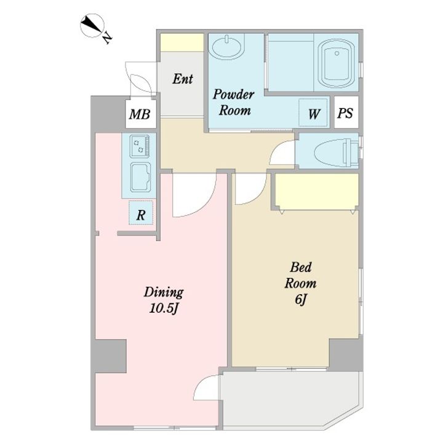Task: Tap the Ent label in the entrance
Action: point(183,79)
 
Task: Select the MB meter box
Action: point(140,114)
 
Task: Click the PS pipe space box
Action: point(346,112)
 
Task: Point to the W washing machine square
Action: point(313,113)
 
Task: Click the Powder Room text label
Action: point(234,102)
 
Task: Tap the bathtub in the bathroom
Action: point(336,63)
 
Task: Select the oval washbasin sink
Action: point(226,47)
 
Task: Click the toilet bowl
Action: point(336,151)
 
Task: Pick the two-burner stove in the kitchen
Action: point(140,146)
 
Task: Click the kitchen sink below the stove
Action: point(140,177)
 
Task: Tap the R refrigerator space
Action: point(141,213)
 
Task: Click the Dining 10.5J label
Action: point(164,300)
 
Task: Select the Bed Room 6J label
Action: point(300,284)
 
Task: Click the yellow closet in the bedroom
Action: point(317,191)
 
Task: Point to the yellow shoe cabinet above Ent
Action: point(182,42)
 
